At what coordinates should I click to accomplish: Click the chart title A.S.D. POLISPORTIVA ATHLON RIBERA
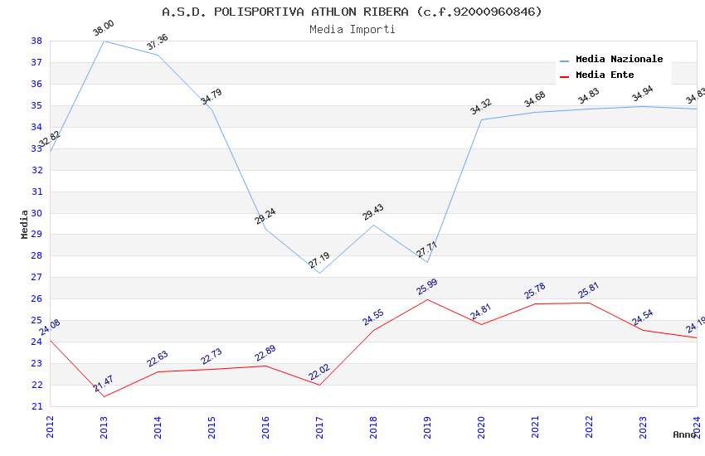(x=352, y=12)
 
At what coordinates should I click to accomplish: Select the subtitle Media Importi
(x=352, y=29)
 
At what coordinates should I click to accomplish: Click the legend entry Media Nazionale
(x=619, y=60)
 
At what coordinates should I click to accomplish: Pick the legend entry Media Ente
(x=605, y=75)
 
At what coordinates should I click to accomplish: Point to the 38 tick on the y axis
(x=36, y=41)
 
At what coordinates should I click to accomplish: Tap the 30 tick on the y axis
(x=36, y=213)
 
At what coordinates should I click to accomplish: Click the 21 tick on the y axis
(x=36, y=406)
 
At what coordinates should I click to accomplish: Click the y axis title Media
(x=25, y=224)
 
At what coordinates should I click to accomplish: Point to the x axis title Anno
(x=684, y=434)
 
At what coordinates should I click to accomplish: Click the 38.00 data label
(x=104, y=29)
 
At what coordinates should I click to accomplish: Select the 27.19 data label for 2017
(x=319, y=261)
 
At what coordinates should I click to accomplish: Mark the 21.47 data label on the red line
(x=104, y=384)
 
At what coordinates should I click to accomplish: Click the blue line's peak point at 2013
(x=104, y=41)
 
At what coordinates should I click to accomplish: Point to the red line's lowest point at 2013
(x=104, y=396)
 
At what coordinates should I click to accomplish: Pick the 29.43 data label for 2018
(x=373, y=213)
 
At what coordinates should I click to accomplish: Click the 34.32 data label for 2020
(x=481, y=107)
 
